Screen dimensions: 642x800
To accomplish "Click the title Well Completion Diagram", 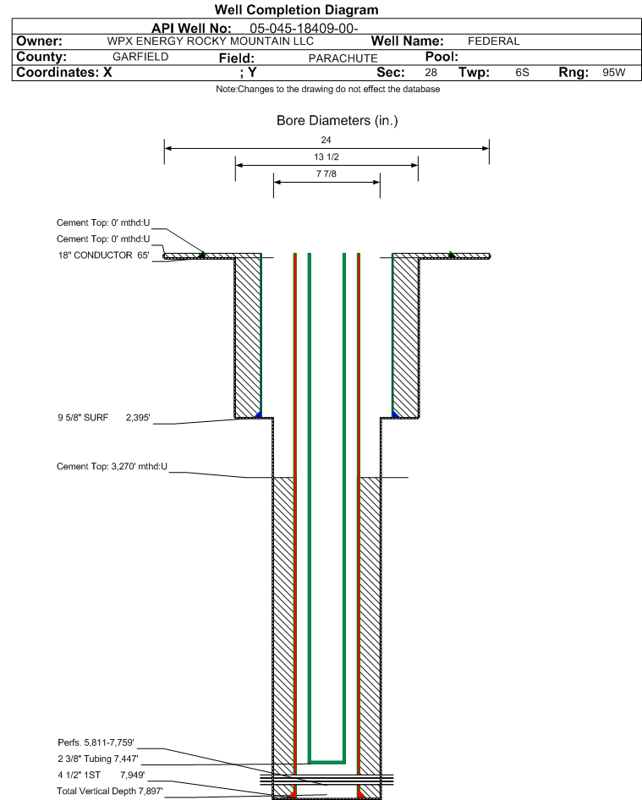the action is tap(297, 9).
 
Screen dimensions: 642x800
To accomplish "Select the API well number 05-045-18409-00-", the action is tap(304, 29).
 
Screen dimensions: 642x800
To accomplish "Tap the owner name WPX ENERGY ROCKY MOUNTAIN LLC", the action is tap(211, 41).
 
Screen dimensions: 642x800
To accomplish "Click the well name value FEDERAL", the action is tap(493, 41).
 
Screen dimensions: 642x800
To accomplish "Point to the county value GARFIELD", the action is tap(140, 57).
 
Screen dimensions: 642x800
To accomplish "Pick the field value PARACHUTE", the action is tap(343, 58).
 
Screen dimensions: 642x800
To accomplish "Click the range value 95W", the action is tap(613, 73).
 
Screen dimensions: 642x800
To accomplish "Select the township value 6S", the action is tap(522, 73).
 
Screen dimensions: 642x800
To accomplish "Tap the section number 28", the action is tap(431, 73).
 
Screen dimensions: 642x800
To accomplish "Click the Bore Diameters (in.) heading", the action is tap(337, 120).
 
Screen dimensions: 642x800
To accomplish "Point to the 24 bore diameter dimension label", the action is tap(326, 140).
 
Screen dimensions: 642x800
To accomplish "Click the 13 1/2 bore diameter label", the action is tap(326, 156).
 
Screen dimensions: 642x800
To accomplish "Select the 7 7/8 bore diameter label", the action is tap(326, 173).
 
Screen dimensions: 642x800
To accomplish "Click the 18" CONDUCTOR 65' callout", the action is tap(103, 255).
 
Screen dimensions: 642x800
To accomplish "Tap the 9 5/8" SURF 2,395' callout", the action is tap(104, 418).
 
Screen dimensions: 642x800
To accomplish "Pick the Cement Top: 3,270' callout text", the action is tap(112, 466).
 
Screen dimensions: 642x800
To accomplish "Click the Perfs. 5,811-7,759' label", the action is tap(96, 742).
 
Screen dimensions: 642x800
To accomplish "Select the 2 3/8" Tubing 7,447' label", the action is tap(98, 759).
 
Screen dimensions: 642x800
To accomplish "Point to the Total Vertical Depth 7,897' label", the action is tap(110, 791).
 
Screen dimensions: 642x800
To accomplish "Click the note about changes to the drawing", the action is tap(327, 89).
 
